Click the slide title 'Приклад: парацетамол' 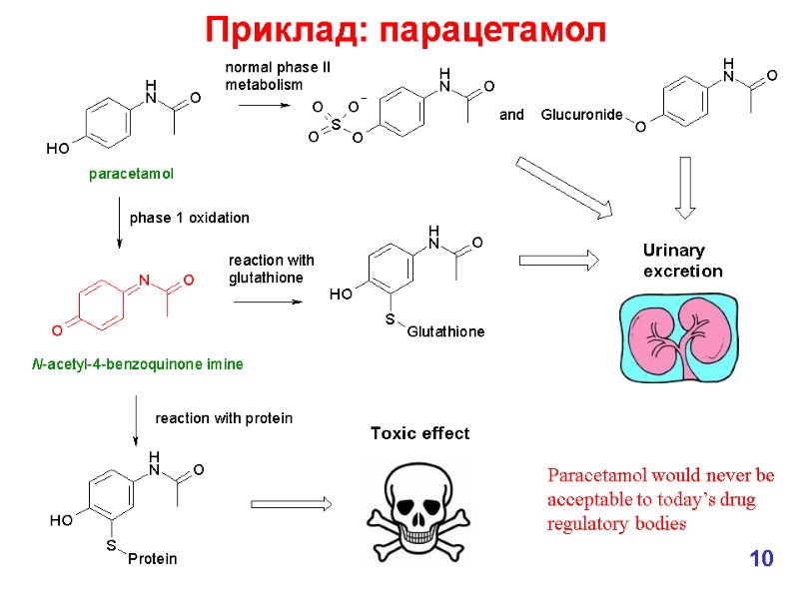(x=405, y=30)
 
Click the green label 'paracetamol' (x=131, y=175)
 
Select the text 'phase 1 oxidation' (x=189, y=218)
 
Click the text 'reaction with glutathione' (x=272, y=270)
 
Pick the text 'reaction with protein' (x=224, y=418)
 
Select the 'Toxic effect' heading (x=419, y=433)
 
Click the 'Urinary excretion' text (x=682, y=261)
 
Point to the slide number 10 (x=761, y=558)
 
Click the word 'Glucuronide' (x=581, y=116)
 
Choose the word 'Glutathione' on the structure (x=445, y=331)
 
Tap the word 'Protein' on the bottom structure (x=152, y=559)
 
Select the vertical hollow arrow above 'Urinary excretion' (x=685, y=187)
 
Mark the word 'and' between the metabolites (x=511, y=116)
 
